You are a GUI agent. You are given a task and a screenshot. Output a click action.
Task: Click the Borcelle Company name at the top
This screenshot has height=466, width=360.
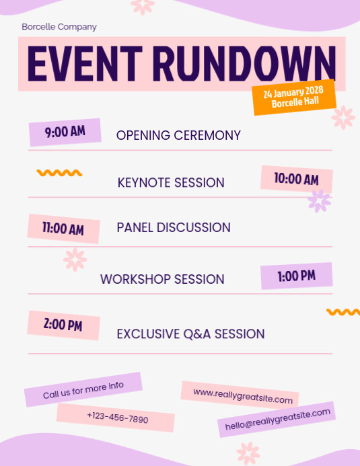[x=59, y=27]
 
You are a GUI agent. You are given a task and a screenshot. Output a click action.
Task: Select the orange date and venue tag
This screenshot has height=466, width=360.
[x=294, y=98]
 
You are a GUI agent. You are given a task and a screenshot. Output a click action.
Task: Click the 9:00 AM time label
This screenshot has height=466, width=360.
[x=65, y=132]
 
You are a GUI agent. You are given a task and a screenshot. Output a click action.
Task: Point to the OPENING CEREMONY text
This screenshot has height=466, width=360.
[x=178, y=135]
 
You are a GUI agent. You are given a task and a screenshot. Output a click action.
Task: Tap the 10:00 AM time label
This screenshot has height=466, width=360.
[x=296, y=179]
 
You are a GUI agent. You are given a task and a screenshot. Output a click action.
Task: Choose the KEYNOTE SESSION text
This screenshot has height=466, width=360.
[x=171, y=182]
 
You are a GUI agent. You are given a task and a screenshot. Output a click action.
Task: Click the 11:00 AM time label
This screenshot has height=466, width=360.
[x=63, y=229]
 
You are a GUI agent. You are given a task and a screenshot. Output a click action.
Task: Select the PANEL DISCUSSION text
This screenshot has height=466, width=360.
[x=174, y=228]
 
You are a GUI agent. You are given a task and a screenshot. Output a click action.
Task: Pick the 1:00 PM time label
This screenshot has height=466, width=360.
[x=296, y=276]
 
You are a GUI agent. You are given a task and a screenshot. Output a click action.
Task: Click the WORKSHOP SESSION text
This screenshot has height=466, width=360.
[x=162, y=279]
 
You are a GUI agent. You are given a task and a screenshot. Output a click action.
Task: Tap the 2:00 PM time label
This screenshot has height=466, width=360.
[x=63, y=325]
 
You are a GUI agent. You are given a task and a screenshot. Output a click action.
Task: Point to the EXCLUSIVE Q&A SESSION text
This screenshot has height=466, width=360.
[x=190, y=334]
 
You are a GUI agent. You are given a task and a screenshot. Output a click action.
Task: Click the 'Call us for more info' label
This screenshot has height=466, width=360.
[x=83, y=390]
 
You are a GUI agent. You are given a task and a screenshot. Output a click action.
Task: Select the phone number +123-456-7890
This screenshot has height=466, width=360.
[x=117, y=418]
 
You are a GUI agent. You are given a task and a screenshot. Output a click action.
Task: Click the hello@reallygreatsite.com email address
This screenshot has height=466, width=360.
[x=277, y=419]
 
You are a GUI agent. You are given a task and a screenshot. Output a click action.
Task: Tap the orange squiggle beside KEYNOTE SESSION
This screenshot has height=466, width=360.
[x=59, y=173]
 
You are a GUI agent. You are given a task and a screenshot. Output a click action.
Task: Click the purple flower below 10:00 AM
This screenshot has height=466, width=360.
[x=319, y=200]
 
